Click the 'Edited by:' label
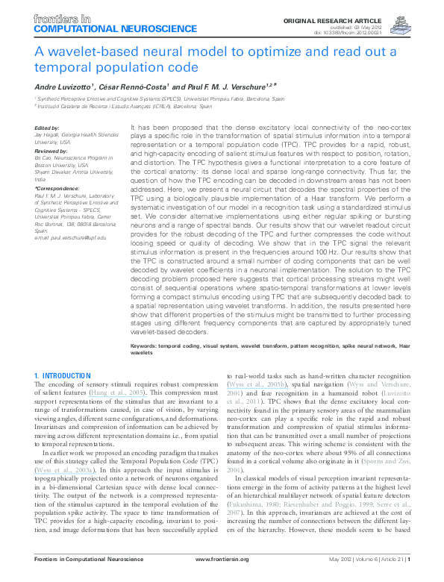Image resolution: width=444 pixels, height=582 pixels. (46, 128)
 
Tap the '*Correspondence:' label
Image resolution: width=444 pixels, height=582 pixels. (55, 190)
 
